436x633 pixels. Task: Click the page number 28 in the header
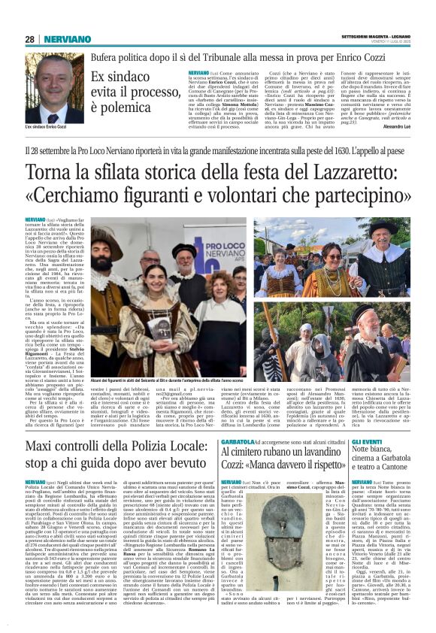tap(29, 38)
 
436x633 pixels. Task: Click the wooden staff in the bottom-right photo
tap(361, 338)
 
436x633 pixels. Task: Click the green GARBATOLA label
tap(237, 419)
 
